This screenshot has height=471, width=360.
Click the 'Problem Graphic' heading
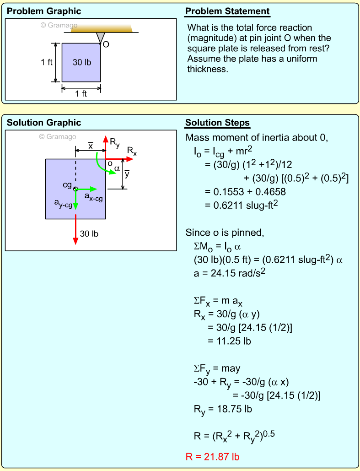[44, 11]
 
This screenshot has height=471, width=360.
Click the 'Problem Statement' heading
[227, 11]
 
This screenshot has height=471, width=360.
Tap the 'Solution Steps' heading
[217, 123]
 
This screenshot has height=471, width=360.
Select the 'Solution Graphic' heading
[44, 123]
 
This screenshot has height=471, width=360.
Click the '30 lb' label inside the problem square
[82, 62]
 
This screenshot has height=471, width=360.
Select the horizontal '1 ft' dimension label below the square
[81, 93]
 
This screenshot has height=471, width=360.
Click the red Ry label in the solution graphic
[115, 143]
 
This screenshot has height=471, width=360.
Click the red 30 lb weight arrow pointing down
[75, 229]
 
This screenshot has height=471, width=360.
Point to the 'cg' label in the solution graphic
[68, 184]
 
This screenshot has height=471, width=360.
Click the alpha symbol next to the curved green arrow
[117, 168]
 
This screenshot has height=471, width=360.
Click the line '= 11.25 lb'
[229, 341]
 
